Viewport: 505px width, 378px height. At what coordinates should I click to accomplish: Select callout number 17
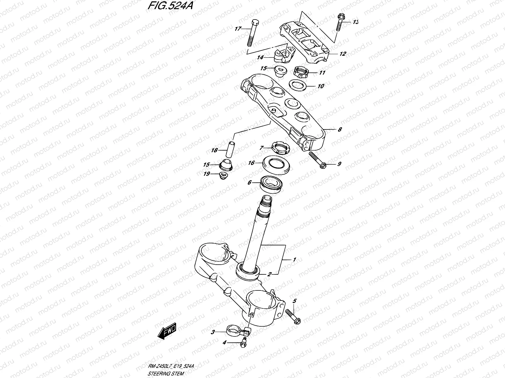pos(238,29)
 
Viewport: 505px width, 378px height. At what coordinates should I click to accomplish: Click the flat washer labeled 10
pos(298,85)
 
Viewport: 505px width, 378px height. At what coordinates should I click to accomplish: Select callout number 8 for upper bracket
pos(340,129)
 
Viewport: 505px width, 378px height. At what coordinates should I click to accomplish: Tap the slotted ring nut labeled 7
pos(281,147)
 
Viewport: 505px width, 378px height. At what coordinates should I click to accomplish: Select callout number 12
pos(343,54)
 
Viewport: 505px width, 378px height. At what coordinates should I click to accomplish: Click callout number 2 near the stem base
pos(269,274)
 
